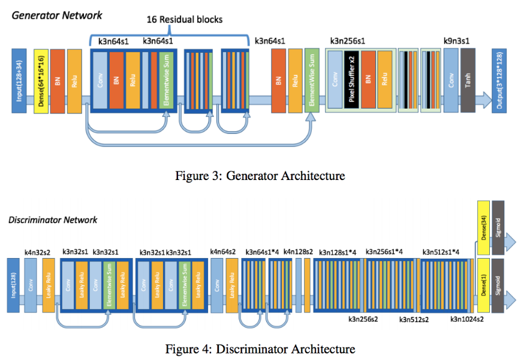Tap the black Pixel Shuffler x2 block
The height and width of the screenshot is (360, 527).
click(x=351, y=81)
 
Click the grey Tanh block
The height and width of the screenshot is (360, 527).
click(x=468, y=81)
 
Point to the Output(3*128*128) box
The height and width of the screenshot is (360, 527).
click(x=499, y=81)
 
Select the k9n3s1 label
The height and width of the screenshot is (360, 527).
click(x=456, y=41)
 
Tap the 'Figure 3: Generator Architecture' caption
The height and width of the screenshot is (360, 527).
click(x=260, y=176)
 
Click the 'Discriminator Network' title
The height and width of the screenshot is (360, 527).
click(x=53, y=220)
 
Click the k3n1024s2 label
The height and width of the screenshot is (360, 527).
click(x=467, y=319)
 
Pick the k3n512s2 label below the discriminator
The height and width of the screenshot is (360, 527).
click(x=414, y=319)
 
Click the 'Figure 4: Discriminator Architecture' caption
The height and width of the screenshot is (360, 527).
click(x=260, y=349)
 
